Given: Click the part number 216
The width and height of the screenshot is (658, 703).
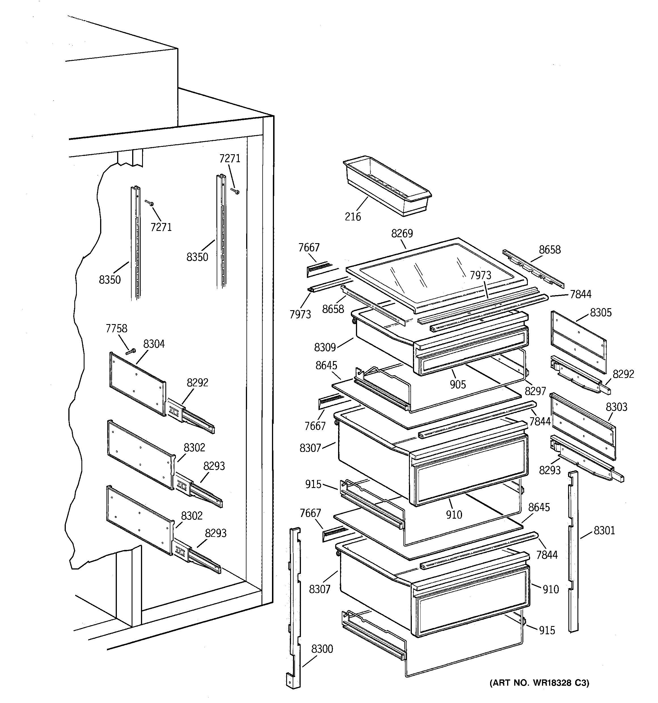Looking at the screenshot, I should [353, 216].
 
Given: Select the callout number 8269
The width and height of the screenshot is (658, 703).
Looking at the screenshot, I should [402, 233].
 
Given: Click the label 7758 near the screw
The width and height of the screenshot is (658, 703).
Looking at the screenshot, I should [117, 329].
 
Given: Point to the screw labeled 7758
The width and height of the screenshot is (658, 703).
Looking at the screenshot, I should [131, 351].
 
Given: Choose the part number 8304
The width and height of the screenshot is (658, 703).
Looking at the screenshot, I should [154, 344].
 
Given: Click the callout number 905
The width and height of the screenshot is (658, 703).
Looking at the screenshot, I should [458, 384].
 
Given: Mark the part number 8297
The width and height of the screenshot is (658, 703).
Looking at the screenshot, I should [535, 391].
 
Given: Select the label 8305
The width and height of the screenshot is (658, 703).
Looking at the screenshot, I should [601, 313].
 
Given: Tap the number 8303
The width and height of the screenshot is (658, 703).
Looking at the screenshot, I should [617, 407].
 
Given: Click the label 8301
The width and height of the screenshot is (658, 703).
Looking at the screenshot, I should [604, 530].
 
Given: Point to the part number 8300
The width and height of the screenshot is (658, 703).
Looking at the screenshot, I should [322, 649].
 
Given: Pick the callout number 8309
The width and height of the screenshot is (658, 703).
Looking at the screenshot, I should [325, 347].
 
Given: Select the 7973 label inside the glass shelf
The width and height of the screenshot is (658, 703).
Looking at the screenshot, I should [480, 275].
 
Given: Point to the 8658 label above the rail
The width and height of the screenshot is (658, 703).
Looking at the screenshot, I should [550, 250].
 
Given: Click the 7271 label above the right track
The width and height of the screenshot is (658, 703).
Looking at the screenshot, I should [230, 158].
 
